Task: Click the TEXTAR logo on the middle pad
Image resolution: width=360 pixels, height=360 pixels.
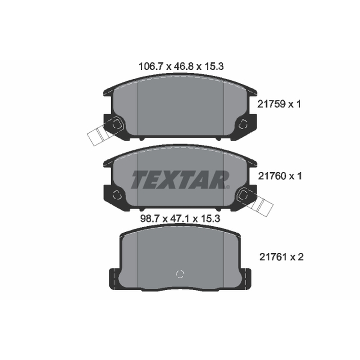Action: tap(180, 180)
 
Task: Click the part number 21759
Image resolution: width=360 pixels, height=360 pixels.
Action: tap(271, 104)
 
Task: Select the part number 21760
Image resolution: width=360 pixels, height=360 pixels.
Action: tap(272, 176)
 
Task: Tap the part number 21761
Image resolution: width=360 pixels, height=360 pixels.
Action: tap(274, 257)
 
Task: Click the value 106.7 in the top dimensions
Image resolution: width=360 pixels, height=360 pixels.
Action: tap(151, 67)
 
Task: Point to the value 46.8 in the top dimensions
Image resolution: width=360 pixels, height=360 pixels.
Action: tap(184, 67)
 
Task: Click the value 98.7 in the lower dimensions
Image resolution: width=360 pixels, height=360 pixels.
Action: tap(150, 219)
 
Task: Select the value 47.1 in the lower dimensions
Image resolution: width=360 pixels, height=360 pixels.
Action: tap(180, 219)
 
